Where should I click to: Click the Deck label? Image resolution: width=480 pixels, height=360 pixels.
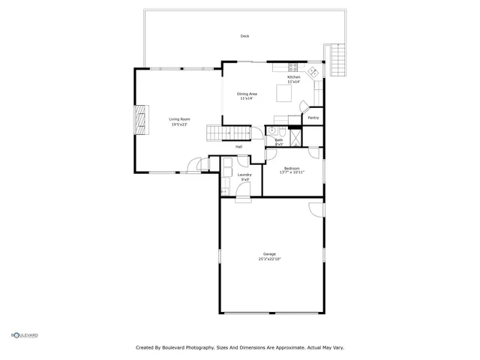(x=244, y=36)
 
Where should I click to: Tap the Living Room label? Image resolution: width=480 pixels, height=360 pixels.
(x=178, y=119)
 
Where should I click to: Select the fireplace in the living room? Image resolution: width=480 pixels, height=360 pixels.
(x=139, y=120)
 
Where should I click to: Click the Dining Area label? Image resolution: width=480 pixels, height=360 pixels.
(x=247, y=94)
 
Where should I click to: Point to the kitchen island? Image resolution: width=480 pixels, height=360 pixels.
(x=285, y=93)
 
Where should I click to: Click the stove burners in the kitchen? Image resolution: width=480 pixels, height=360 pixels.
(x=293, y=66)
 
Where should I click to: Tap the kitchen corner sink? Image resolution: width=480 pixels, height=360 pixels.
(x=314, y=72)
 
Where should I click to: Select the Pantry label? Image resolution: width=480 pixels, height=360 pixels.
(x=313, y=118)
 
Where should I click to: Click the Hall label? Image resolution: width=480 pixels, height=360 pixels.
(x=238, y=146)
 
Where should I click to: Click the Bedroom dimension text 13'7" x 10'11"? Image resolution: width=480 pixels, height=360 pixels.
(x=292, y=172)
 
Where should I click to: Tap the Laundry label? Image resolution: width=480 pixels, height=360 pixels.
(x=244, y=175)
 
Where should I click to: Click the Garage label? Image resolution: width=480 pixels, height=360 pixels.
(x=269, y=253)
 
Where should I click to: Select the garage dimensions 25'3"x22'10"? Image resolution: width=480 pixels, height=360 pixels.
(x=269, y=259)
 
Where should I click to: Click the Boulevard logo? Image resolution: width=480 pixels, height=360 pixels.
(x=25, y=335)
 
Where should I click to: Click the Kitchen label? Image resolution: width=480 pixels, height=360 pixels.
(x=293, y=77)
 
